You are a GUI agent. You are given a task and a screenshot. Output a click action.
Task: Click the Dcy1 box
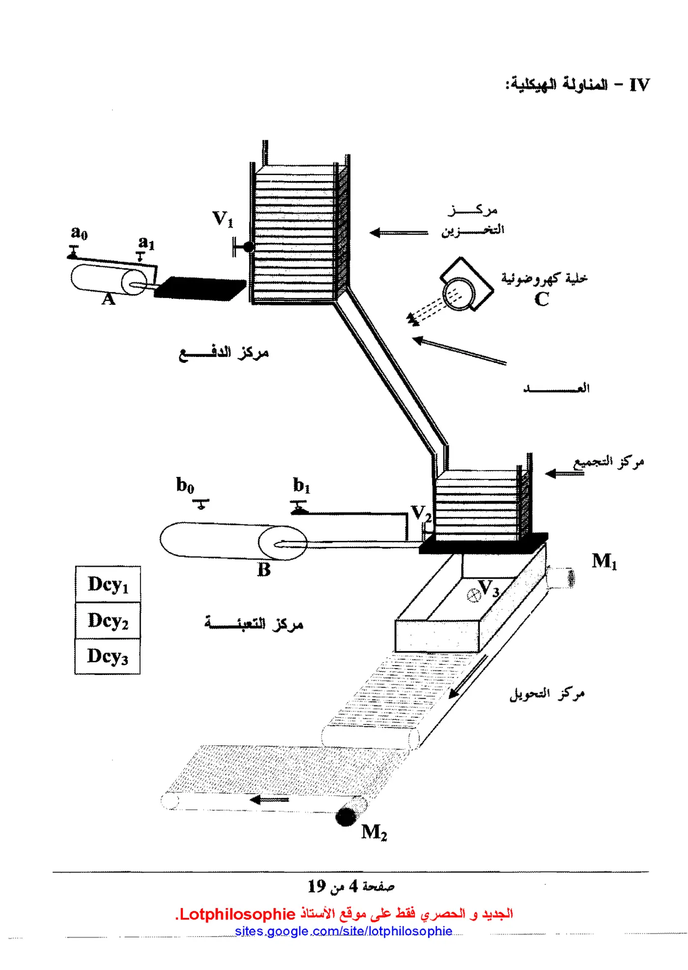pyautogui.click(x=108, y=584)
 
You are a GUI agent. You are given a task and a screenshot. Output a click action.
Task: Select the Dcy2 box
pyautogui.click(x=108, y=620)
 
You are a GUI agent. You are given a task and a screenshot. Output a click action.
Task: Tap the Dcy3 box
pyautogui.click(x=108, y=656)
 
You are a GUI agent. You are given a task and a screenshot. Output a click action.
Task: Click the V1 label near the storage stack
pyautogui.click(x=223, y=219)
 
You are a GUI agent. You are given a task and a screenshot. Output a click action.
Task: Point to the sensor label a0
pyautogui.click(x=79, y=232)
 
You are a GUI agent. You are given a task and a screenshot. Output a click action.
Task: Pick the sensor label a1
pyautogui.click(x=146, y=243)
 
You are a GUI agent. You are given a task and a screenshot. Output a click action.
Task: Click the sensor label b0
pyautogui.click(x=185, y=485)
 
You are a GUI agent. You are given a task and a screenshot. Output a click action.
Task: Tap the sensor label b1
pyautogui.click(x=302, y=485)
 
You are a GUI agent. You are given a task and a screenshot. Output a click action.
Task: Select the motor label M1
pyautogui.click(x=604, y=561)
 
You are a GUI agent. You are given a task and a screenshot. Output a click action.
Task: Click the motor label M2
pyautogui.click(x=374, y=832)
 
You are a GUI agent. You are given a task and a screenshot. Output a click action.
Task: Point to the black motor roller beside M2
pyautogui.click(x=346, y=817)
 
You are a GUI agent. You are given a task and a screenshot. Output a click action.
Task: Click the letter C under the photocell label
pyautogui.click(x=542, y=299)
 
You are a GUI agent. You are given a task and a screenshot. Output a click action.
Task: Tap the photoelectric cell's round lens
pyautogui.click(x=459, y=294)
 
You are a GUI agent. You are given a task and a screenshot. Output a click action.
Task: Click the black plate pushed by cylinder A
pyautogui.click(x=200, y=289)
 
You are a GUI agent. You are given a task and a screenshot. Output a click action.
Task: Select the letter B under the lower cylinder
pyautogui.click(x=264, y=570)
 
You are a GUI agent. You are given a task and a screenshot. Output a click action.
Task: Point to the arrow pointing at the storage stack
pyautogui.click(x=399, y=233)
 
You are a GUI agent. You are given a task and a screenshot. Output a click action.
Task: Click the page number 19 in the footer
pyautogui.click(x=317, y=886)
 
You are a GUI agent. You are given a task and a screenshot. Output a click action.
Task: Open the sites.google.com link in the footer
pyautogui.click(x=344, y=931)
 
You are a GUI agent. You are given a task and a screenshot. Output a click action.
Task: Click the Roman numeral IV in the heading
pyautogui.click(x=639, y=85)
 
